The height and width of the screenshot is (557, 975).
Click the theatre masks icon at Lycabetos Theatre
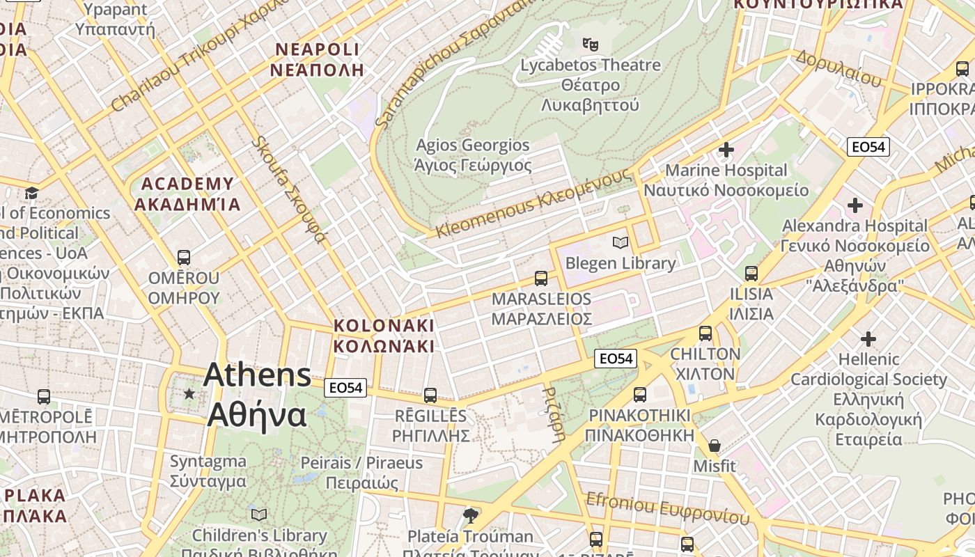point(591,45)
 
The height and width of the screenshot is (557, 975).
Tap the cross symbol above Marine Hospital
point(726,150)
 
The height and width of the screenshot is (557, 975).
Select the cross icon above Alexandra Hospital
point(855,205)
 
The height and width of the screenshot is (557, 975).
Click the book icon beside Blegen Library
point(620,242)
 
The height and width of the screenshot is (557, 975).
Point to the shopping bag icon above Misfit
point(714,446)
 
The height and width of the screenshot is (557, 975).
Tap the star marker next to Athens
point(189,394)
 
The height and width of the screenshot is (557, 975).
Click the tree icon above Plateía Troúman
point(471,515)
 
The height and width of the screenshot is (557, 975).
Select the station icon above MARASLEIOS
point(541,278)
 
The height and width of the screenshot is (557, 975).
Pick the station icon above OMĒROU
point(184,258)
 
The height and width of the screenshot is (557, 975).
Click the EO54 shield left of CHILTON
point(616,359)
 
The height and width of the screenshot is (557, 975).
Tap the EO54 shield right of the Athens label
point(345,388)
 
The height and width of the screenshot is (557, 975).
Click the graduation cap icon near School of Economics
point(31,193)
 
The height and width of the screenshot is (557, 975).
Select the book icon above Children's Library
point(259,515)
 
